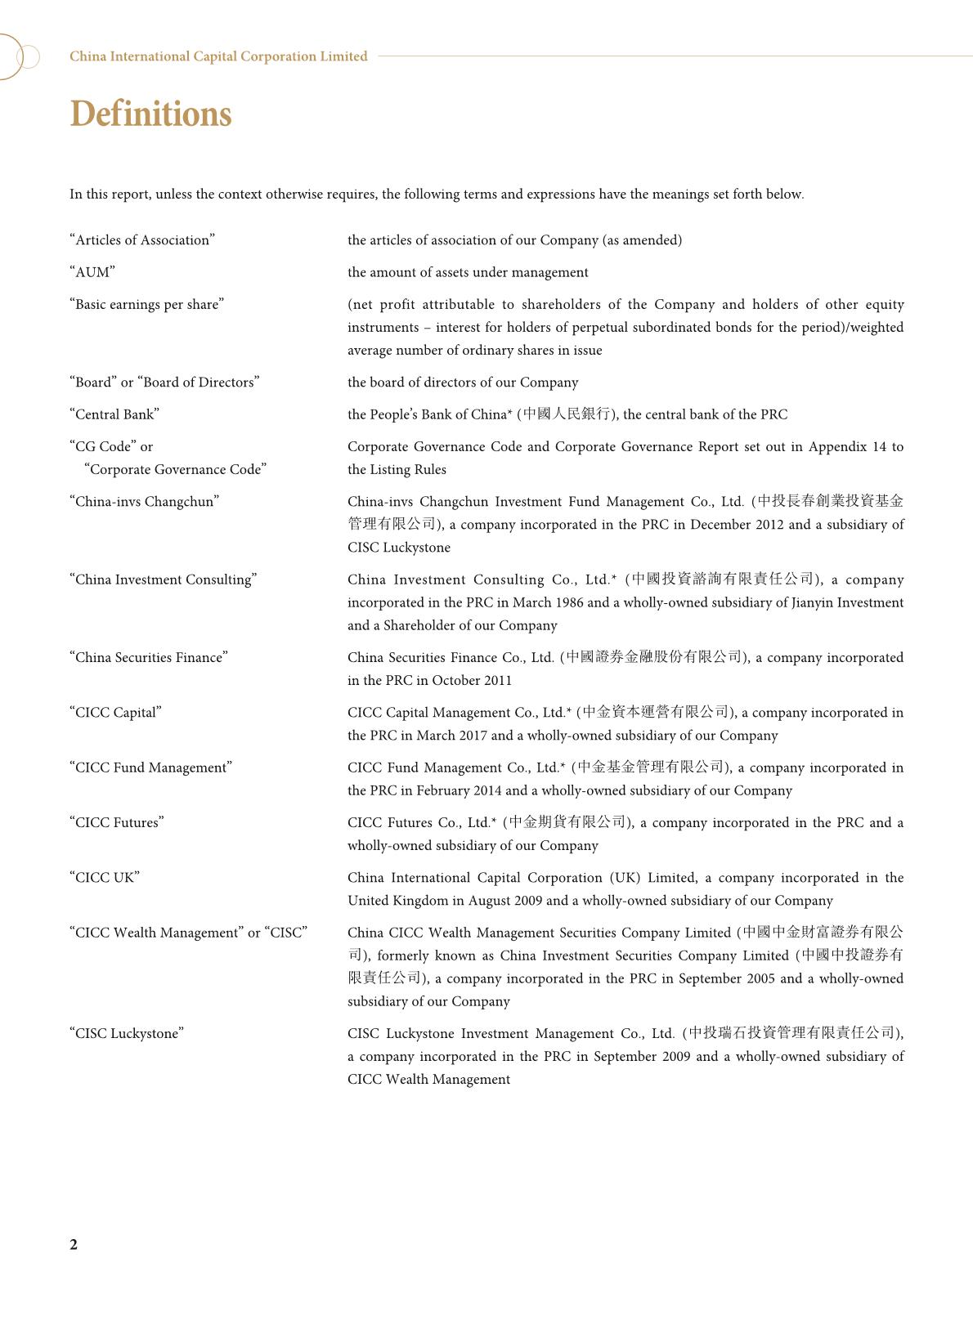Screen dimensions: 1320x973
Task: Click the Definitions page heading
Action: [150, 114]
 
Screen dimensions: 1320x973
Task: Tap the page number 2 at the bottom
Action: [74, 1244]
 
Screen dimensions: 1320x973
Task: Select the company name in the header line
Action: [218, 56]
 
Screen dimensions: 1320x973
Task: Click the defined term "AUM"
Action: [92, 272]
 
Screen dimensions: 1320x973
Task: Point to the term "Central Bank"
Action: [114, 414]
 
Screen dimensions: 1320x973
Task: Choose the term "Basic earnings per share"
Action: [147, 304]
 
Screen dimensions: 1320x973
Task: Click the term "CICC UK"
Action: [105, 877]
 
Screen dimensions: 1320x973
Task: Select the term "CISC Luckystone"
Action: [127, 1033]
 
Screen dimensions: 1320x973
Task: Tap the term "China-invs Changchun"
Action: [145, 501]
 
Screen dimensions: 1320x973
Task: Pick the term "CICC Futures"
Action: [117, 822]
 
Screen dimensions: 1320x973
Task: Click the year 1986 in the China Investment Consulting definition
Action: [567, 602]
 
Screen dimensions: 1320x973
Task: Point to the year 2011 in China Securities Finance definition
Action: [495, 680]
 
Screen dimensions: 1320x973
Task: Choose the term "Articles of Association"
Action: [142, 239]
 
